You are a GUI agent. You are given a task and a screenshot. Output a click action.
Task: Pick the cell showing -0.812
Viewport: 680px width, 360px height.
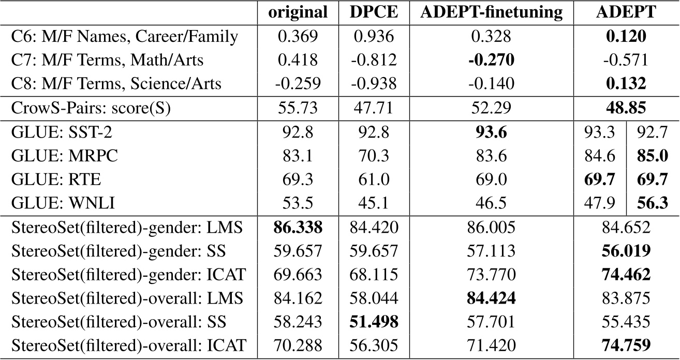[371, 60]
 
